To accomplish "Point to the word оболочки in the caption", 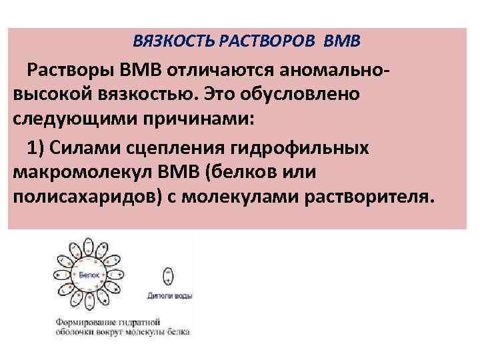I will [77, 331].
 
